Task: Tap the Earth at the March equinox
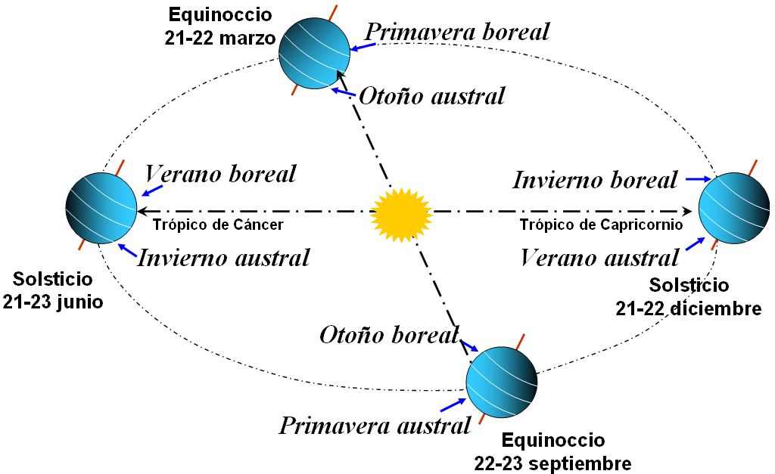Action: [314, 54]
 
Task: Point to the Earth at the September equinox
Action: [501, 381]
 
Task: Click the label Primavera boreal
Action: [457, 32]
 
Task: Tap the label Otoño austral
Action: [431, 97]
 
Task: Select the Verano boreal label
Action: [220, 174]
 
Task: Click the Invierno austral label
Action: [223, 258]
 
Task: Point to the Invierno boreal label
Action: [595, 181]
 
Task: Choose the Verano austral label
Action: [599, 258]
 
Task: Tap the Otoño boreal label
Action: [390, 335]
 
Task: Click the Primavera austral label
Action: [375, 426]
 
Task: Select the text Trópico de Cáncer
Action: [218, 225]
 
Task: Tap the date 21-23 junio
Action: [52, 302]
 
